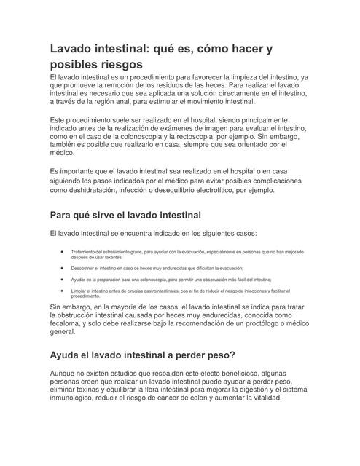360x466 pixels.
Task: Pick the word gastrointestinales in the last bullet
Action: [167, 291]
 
